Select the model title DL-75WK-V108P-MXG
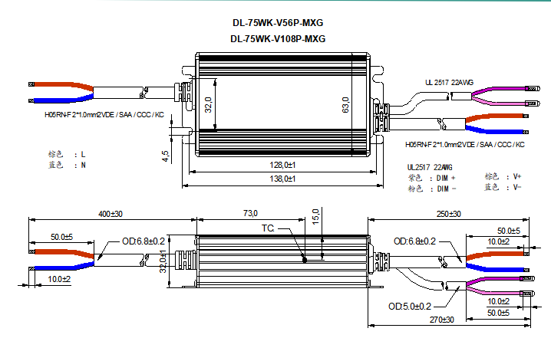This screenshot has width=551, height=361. (x=278, y=38)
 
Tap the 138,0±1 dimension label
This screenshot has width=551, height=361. (x=282, y=179)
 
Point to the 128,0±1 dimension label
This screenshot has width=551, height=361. (x=282, y=165)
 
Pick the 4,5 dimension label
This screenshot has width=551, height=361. (x=165, y=156)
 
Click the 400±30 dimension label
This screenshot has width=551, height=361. (x=111, y=214)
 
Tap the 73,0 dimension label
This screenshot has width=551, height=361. (x=250, y=214)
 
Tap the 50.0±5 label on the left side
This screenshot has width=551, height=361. (x=61, y=237)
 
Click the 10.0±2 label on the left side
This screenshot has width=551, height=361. (x=59, y=279)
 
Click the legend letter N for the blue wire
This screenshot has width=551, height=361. (x=84, y=165)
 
